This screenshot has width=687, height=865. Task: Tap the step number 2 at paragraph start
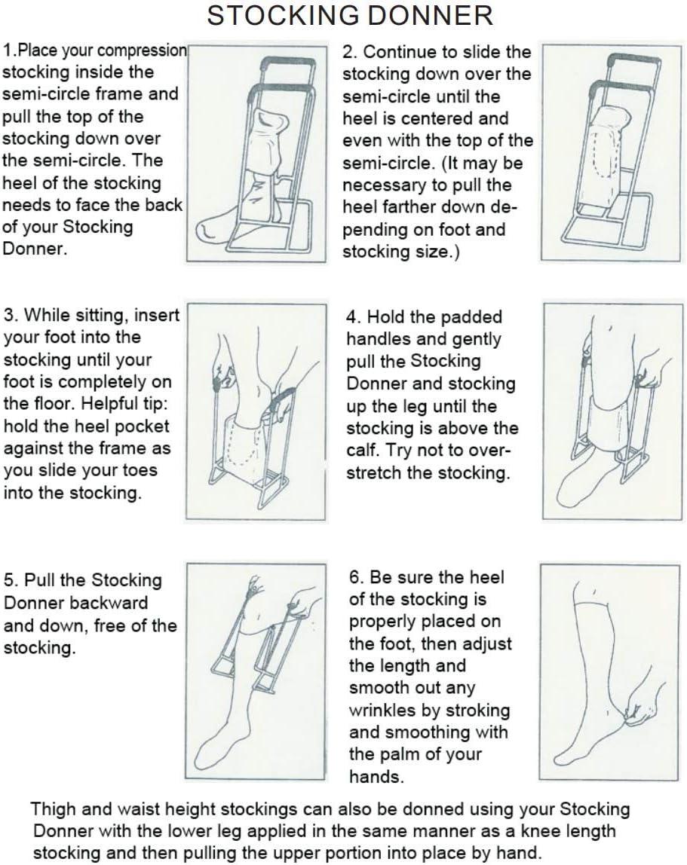pos(348,52)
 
